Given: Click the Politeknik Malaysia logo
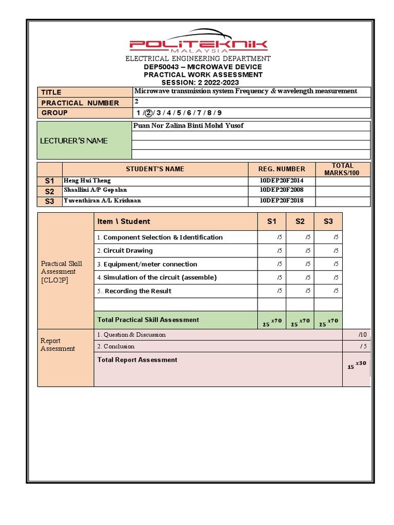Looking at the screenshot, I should click(x=198, y=45).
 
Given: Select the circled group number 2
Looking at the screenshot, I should click(x=149, y=113).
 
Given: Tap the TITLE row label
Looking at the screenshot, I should click(x=51, y=92).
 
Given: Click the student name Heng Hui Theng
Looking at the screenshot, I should click(x=87, y=180).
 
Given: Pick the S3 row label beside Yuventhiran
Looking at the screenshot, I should click(x=50, y=201).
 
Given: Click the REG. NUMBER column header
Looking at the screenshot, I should click(x=282, y=169).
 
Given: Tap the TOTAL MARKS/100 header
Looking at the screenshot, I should click(x=342, y=169).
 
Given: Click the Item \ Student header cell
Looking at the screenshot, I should click(x=124, y=221).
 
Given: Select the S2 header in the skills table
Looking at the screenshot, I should click(x=300, y=221).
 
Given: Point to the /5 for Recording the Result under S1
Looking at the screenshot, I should click(x=279, y=291).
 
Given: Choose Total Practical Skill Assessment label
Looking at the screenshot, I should click(x=148, y=319).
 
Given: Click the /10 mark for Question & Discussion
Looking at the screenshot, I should click(x=363, y=334).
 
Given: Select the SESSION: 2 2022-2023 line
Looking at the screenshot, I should click(x=200, y=83).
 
